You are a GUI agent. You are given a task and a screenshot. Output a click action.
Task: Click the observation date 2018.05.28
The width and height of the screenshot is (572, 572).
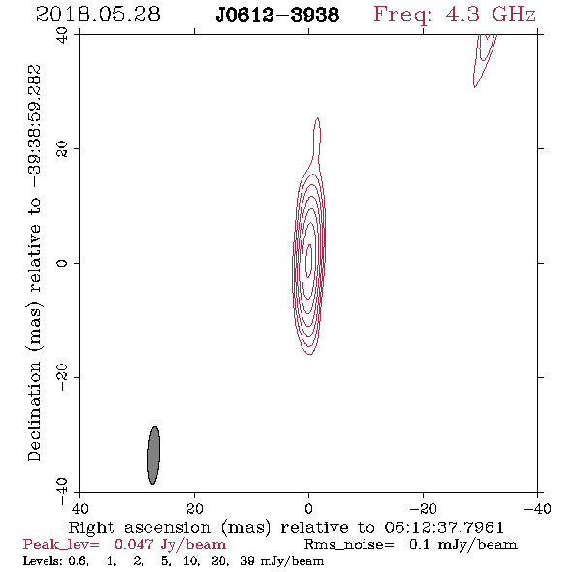[98, 15]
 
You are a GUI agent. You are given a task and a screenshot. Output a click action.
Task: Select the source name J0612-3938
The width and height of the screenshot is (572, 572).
[277, 16]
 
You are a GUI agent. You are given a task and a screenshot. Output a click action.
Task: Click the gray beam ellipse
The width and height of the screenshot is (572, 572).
[153, 455]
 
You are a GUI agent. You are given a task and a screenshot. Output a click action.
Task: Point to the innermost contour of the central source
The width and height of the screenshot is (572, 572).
[309, 261]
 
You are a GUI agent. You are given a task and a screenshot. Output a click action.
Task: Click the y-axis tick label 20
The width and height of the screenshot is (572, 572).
[62, 149]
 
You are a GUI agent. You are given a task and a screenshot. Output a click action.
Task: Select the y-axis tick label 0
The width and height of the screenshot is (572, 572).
[62, 263]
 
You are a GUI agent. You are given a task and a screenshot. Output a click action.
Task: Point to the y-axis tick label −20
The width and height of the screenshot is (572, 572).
[62, 377]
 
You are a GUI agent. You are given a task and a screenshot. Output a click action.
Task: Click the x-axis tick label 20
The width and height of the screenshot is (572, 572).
[195, 508]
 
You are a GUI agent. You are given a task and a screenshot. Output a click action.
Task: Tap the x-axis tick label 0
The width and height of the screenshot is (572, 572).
[308, 508]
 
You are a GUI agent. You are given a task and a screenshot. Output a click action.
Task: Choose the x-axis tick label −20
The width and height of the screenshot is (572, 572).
[423, 508]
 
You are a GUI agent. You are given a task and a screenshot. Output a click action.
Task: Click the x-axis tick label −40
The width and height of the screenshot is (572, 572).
[537, 508]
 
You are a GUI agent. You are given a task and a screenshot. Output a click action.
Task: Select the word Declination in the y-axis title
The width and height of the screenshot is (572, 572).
[34, 411]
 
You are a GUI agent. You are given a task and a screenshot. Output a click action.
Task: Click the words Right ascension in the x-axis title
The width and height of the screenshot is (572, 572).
[140, 527]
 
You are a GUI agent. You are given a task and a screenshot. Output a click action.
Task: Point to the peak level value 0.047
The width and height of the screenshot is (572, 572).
[134, 544]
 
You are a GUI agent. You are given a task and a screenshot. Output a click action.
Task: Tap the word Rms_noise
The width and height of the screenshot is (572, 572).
[349, 544]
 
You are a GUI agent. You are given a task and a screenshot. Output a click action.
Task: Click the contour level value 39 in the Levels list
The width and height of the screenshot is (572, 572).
[247, 560]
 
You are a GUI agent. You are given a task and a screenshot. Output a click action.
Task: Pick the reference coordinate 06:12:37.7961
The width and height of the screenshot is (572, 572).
[444, 527]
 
